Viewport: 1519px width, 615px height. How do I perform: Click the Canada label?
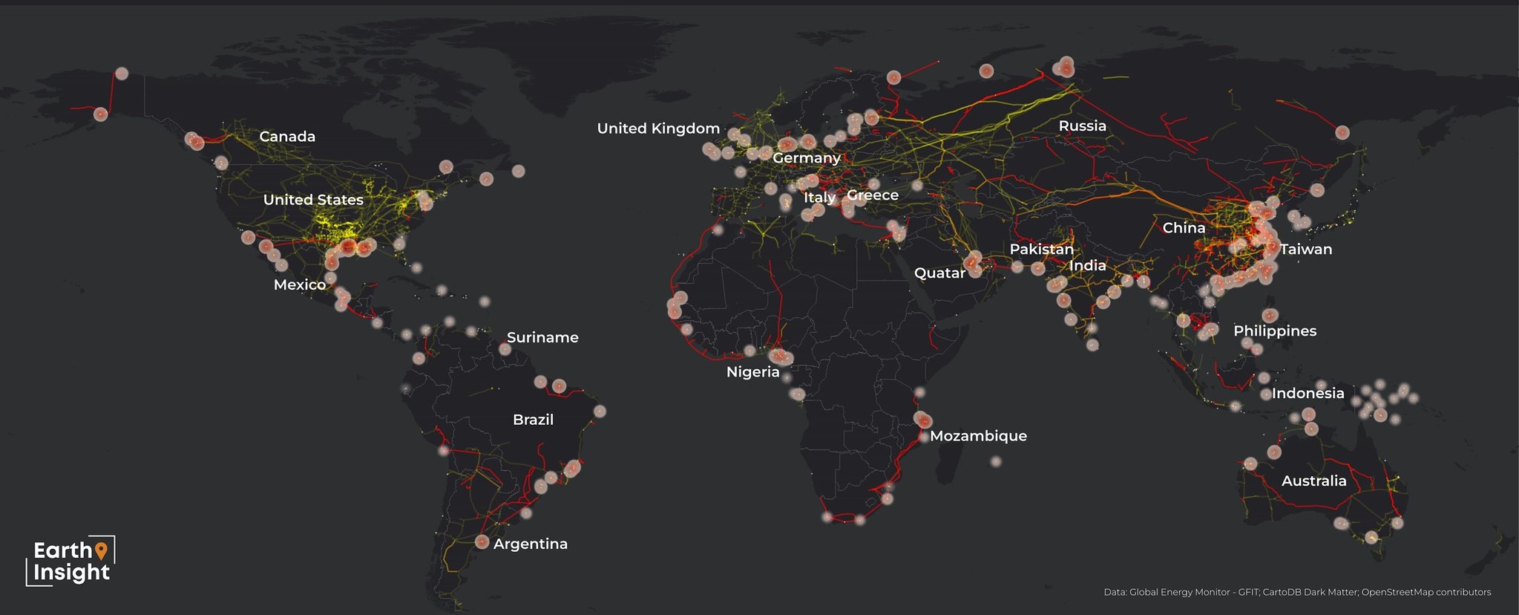(287, 137)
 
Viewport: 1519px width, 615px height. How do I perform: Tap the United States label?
(313, 200)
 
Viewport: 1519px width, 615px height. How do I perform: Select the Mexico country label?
(300, 284)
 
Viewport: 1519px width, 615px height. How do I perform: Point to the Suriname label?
(542, 337)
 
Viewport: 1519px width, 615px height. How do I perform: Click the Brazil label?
(533, 420)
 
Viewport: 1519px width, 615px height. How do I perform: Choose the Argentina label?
(530, 544)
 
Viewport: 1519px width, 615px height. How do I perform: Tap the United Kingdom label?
(658, 128)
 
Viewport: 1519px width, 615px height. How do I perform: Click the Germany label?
(807, 158)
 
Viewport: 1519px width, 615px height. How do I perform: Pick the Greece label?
(873, 195)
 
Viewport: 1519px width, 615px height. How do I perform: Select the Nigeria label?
(752, 372)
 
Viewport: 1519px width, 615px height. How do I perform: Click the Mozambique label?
(978, 436)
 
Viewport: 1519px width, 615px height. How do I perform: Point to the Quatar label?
(939, 273)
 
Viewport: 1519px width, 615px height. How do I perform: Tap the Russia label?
(1082, 126)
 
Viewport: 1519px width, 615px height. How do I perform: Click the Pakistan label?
(1041, 250)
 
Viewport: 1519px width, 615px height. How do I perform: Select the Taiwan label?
(1306, 250)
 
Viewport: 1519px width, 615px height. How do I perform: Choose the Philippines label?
(1275, 331)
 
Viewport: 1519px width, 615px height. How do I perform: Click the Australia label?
(1313, 481)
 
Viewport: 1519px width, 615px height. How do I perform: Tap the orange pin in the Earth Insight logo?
(102, 550)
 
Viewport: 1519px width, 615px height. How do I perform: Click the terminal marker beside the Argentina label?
(482, 542)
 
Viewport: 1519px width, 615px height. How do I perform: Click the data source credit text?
(1297, 592)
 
